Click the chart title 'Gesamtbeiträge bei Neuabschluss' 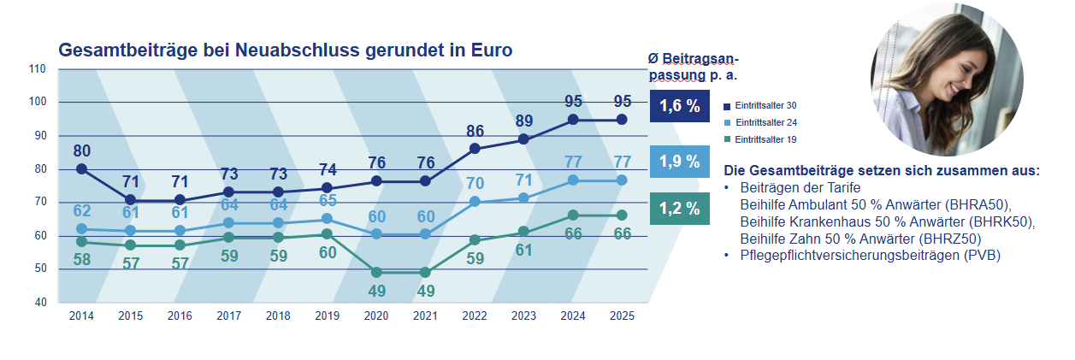285,50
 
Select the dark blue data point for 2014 81,168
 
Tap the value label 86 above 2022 475,132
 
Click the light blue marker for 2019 328,218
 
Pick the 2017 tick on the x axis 228,316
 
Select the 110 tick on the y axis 38,68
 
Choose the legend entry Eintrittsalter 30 760,104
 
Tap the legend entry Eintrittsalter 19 760,139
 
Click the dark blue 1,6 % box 679,107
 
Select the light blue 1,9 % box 679,161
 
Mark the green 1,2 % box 679,208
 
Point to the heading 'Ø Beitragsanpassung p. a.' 693,66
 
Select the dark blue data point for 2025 622,120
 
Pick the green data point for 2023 523,232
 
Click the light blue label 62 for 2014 81,210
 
